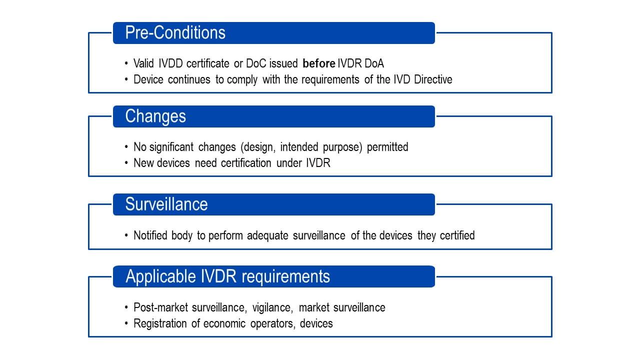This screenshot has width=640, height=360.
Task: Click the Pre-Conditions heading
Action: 175,33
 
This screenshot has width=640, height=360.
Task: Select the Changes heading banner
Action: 155,116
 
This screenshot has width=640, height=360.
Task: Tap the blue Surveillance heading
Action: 166,204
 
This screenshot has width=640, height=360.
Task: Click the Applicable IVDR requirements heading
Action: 227,276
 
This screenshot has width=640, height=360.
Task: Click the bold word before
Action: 318,63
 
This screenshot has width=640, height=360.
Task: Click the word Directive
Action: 433,80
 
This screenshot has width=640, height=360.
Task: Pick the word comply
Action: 242,80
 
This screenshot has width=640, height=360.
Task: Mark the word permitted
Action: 387,147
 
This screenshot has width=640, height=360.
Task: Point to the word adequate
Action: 270,235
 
